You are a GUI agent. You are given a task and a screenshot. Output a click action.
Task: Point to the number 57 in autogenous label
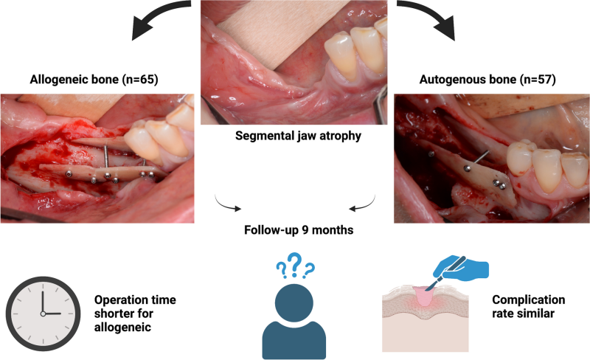click(x=539, y=80)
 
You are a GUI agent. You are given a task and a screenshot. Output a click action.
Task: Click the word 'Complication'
click(x=528, y=300)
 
